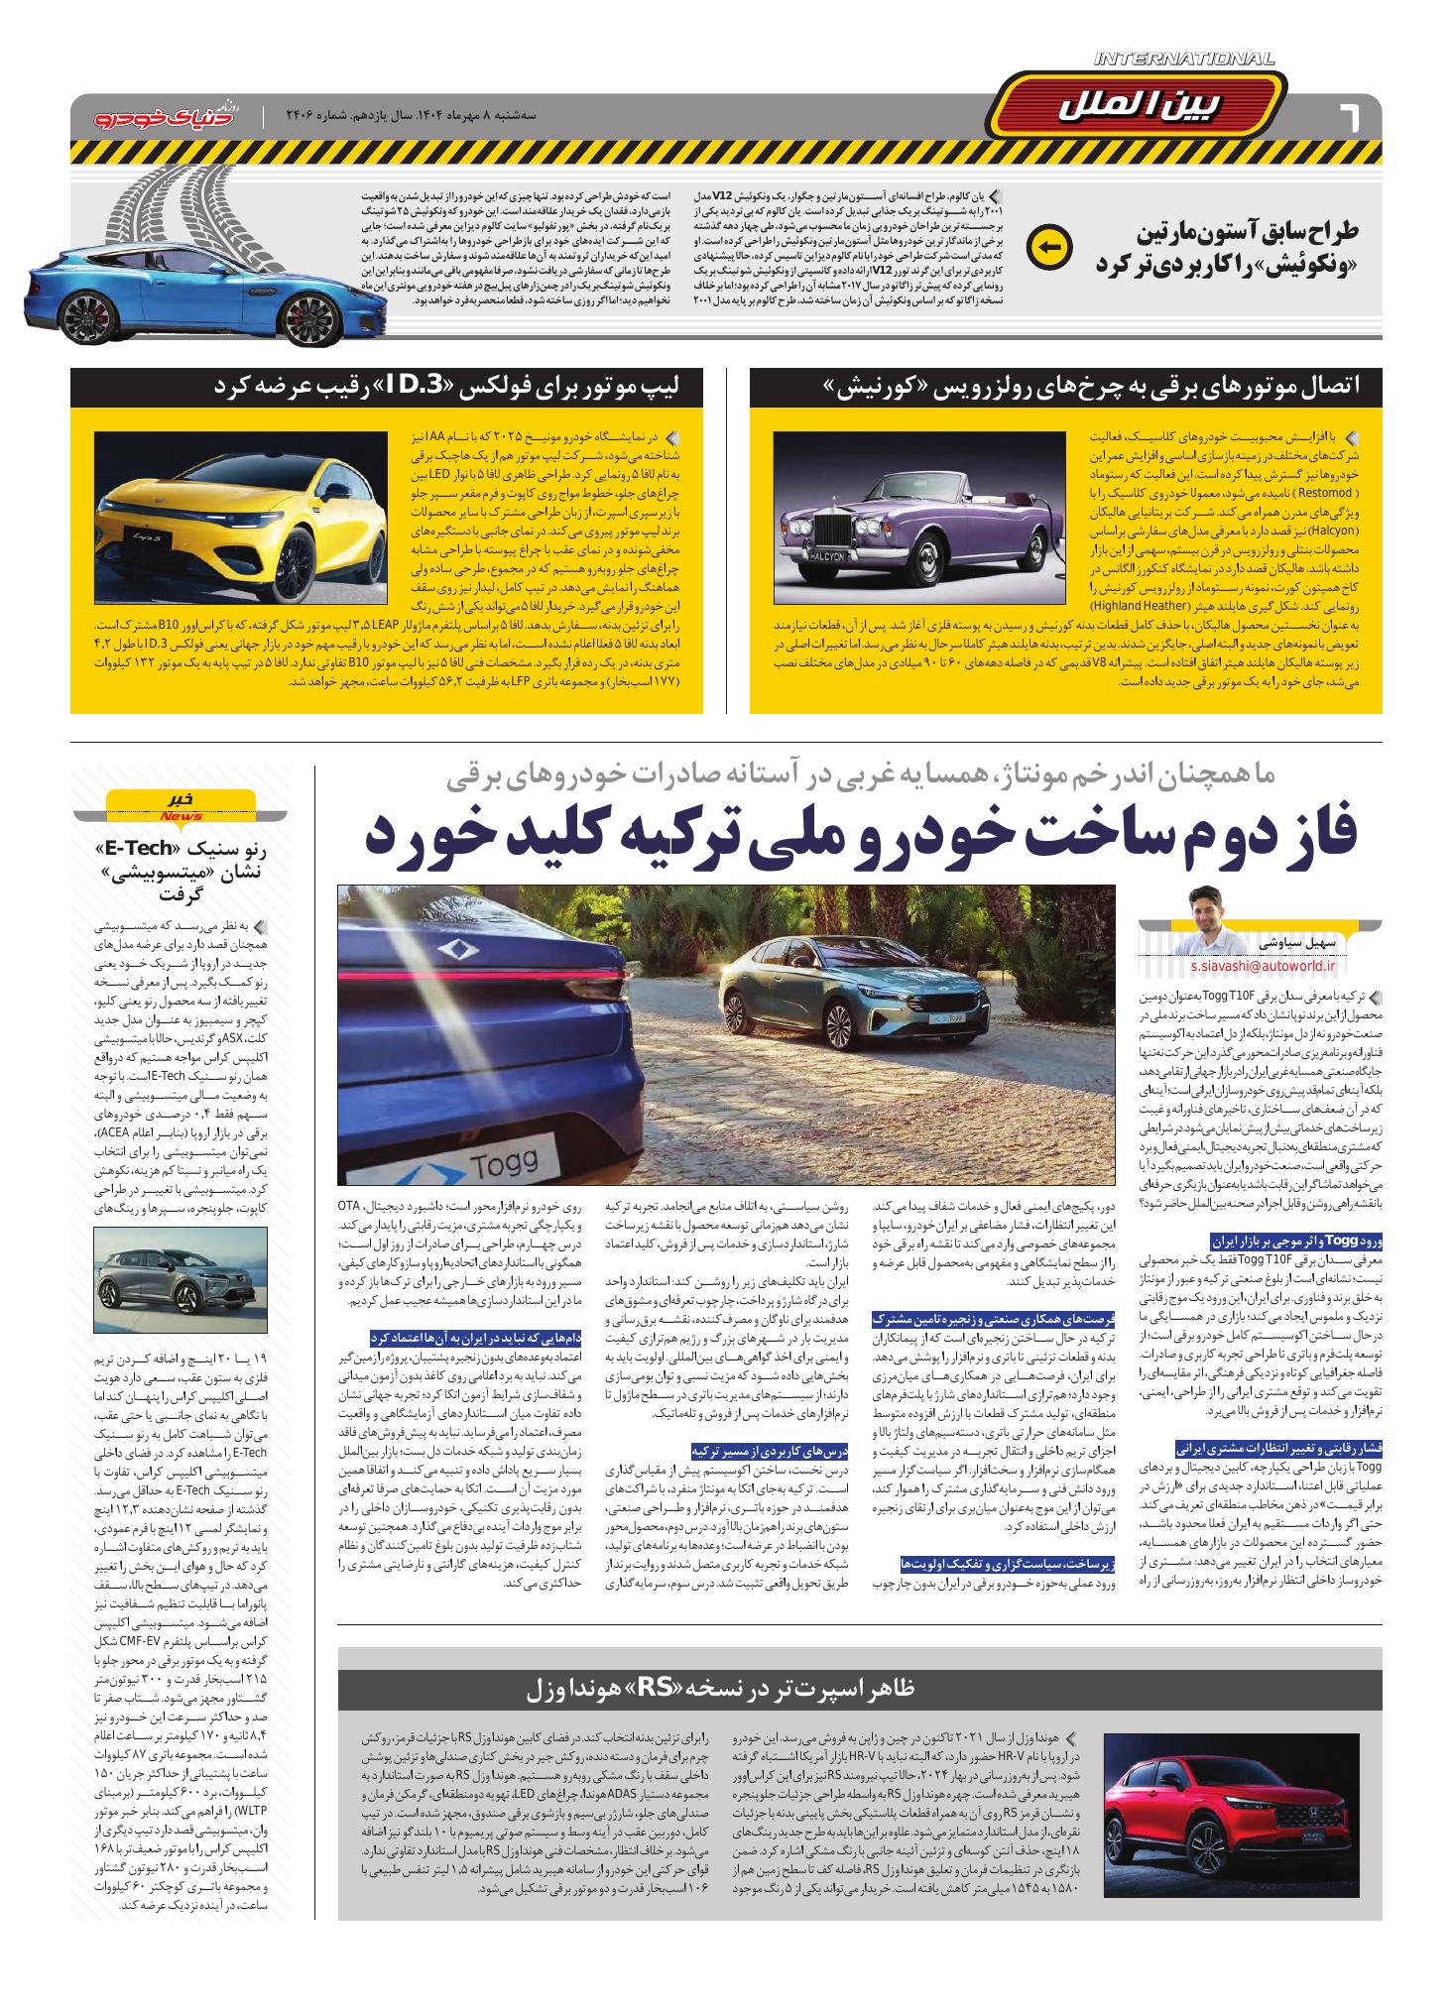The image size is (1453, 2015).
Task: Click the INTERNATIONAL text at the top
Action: point(1184,60)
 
